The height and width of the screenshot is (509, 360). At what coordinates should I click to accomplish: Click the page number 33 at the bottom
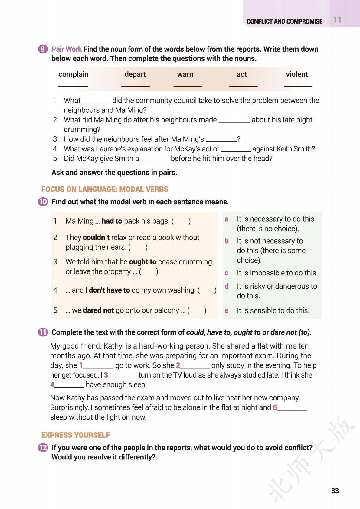(x=335, y=491)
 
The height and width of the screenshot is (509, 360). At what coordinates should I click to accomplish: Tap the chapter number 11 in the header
(x=337, y=20)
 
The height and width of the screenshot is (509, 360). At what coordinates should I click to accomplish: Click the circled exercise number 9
(x=43, y=49)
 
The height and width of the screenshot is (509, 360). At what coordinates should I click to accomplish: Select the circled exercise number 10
(x=43, y=202)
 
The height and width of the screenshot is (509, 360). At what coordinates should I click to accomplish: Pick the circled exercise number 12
(x=43, y=448)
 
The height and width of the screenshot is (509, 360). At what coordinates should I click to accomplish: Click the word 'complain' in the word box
(x=73, y=74)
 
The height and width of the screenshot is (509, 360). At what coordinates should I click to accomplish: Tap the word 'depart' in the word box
(x=135, y=74)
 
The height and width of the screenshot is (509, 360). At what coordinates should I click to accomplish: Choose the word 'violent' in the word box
(x=296, y=74)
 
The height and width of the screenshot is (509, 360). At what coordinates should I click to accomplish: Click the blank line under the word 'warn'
(x=188, y=86)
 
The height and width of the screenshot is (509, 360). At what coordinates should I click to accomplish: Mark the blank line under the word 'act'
(x=243, y=86)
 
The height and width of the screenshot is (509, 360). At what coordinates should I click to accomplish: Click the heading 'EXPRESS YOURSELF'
(x=75, y=435)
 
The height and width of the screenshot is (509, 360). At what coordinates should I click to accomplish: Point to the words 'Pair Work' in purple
(x=67, y=49)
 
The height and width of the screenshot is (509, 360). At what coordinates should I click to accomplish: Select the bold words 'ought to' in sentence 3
(x=142, y=262)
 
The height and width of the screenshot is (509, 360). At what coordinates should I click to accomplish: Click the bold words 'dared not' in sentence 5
(x=98, y=310)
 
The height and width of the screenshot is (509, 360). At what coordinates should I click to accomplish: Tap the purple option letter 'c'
(x=227, y=273)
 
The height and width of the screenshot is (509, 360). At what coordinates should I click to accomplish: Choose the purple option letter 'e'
(x=227, y=311)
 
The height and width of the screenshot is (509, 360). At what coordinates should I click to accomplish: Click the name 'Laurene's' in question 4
(x=110, y=149)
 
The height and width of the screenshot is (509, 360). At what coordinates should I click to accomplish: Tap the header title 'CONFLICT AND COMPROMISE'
(x=284, y=21)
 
